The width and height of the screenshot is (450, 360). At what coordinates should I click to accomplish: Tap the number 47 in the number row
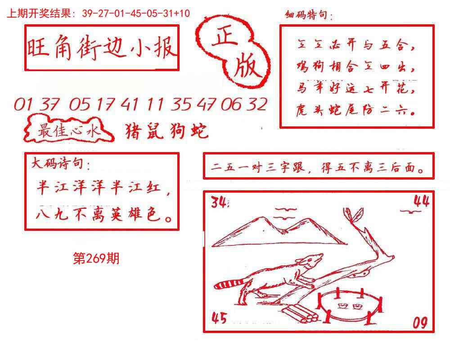[206, 104]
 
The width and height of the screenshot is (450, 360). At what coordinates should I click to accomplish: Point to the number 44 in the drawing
[421, 201]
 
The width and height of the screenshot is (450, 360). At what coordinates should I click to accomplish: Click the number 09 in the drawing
[419, 322]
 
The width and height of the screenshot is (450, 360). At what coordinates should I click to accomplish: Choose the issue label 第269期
[96, 258]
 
